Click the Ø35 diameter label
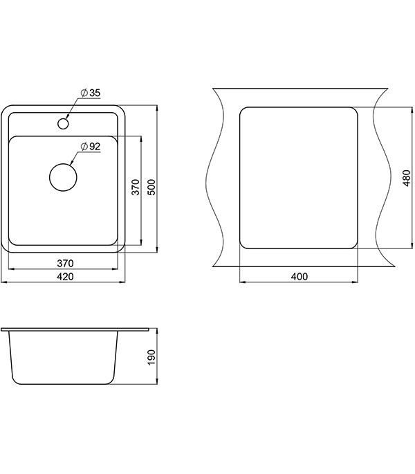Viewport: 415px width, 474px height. click(91, 93)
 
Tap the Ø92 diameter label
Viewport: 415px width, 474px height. click(91, 147)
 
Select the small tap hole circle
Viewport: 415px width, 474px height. click(63, 123)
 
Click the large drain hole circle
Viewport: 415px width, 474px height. click(63, 177)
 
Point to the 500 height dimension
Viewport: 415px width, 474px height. click(152, 187)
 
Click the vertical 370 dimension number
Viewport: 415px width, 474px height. click(136, 187)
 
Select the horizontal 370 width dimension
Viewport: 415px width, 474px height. click(65, 264)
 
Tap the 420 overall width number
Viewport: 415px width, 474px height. click(65, 277)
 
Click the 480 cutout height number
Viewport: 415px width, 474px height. click(407, 178)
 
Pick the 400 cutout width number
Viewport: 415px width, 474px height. click(299, 276)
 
